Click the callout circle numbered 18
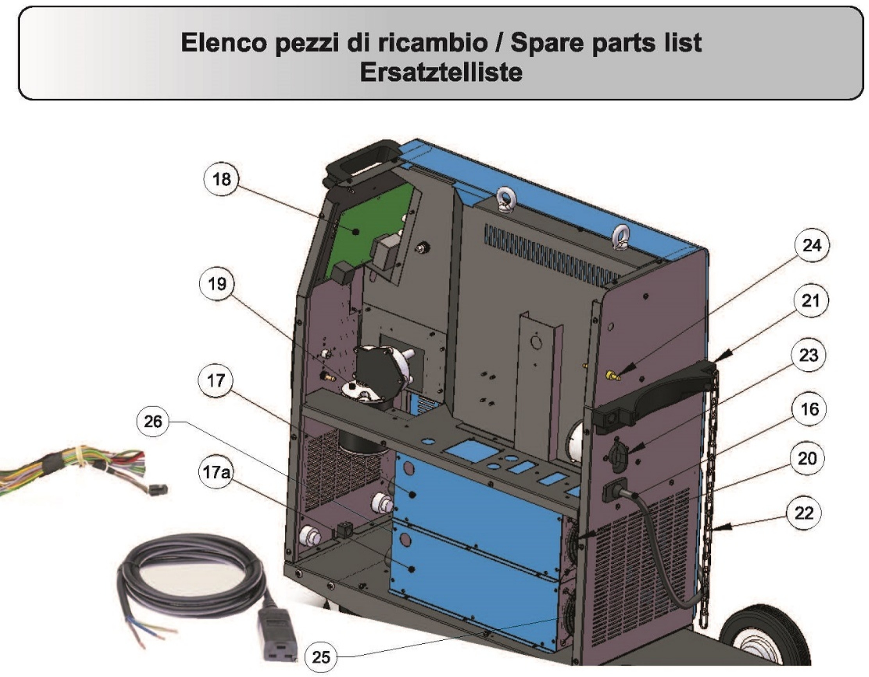(x=221, y=179)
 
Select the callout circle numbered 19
(x=217, y=284)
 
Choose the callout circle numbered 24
(x=811, y=245)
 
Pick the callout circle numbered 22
(x=804, y=513)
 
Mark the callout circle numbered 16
(x=809, y=409)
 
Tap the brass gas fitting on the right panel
(x=612, y=375)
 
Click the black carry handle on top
(x=360, y=161)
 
